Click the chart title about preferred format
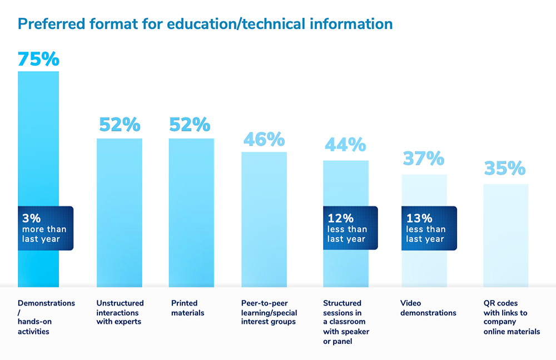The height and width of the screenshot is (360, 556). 205,24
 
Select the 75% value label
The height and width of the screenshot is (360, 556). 38,60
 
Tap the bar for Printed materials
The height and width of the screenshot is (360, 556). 191,211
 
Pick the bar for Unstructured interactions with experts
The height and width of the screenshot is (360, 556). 120,211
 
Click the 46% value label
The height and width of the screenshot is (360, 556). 264,139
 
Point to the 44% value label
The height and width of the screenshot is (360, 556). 345,145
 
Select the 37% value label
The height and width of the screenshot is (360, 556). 424,159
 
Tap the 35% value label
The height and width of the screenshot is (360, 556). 505,168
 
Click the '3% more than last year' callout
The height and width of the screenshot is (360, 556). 44,228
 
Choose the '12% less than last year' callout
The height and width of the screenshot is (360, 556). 350,228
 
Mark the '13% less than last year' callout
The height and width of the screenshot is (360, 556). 428,228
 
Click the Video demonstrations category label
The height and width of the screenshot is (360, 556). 428,308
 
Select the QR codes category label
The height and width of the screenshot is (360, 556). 512,317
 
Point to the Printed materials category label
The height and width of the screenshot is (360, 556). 188,308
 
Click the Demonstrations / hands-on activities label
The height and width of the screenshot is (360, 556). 46,317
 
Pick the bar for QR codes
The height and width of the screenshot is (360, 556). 505,234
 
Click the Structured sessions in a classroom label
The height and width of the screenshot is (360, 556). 346,322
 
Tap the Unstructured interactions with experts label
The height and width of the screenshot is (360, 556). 120,312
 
